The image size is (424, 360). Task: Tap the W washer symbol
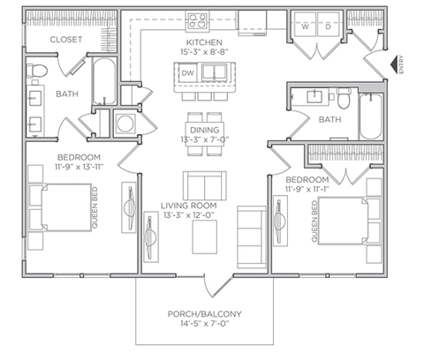pyautogui.click(x=306, y=26)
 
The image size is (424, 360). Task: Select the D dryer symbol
pyautogui.click(x=328, y=26)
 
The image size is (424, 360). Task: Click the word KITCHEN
pyautogui.click(x=203, y=42)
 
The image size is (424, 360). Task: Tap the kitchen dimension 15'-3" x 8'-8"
pyautogui.click(x=203, y=53)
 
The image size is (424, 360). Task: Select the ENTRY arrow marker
pyautogui.click(x=395, y=64)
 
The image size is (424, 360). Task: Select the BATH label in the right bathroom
pyautogui.click(x=329, y=119)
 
